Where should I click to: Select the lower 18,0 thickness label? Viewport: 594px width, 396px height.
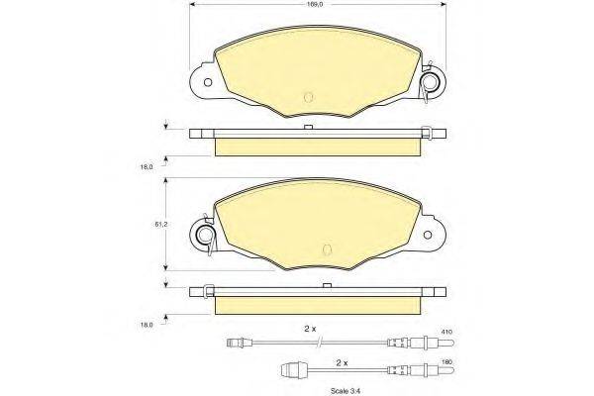coord(148,324)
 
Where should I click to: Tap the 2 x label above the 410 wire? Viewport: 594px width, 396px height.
coord(310,328)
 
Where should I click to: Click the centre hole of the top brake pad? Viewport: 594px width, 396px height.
coord(308,96)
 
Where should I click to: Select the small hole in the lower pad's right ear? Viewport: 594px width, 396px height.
coord(430,235)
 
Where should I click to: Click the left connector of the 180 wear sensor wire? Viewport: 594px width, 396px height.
coord(294,372)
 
